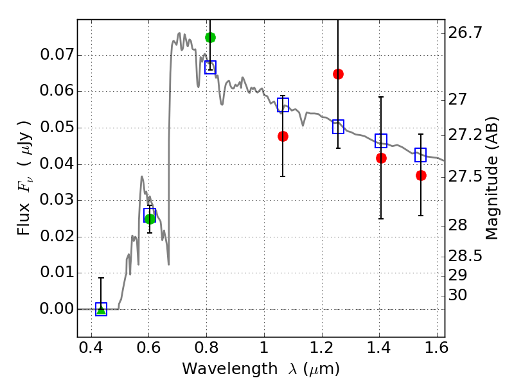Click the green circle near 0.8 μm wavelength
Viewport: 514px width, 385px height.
click(211, 38)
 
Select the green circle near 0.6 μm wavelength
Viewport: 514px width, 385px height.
click(150, 219)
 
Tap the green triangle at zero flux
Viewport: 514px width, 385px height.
click(102, 309)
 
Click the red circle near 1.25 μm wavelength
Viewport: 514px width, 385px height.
click(339, 74)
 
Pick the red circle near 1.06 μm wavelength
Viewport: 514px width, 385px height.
click(283, 136)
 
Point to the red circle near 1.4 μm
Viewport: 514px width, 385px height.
click(381, 158)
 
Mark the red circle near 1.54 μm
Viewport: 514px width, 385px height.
click(421, 176)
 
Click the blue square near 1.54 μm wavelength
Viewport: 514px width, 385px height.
click(421, 155)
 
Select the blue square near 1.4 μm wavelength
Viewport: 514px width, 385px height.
click(381, 141)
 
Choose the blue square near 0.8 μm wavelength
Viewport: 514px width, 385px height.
click(211, 67)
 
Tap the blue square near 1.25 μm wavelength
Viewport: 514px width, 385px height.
click(339, 126)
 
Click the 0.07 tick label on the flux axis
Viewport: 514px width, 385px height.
click(57, 55)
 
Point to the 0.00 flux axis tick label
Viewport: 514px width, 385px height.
click(57, 309)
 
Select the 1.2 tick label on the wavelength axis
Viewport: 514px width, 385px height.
click(322, 348)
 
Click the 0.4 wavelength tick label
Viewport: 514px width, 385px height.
click(91, 348)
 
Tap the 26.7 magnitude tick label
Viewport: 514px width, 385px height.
click(465, 33)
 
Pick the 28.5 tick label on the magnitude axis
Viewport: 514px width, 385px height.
click(465, 256)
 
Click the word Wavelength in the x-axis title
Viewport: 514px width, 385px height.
click(230, 369)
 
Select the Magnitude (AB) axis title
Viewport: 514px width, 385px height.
click(491, 178)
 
